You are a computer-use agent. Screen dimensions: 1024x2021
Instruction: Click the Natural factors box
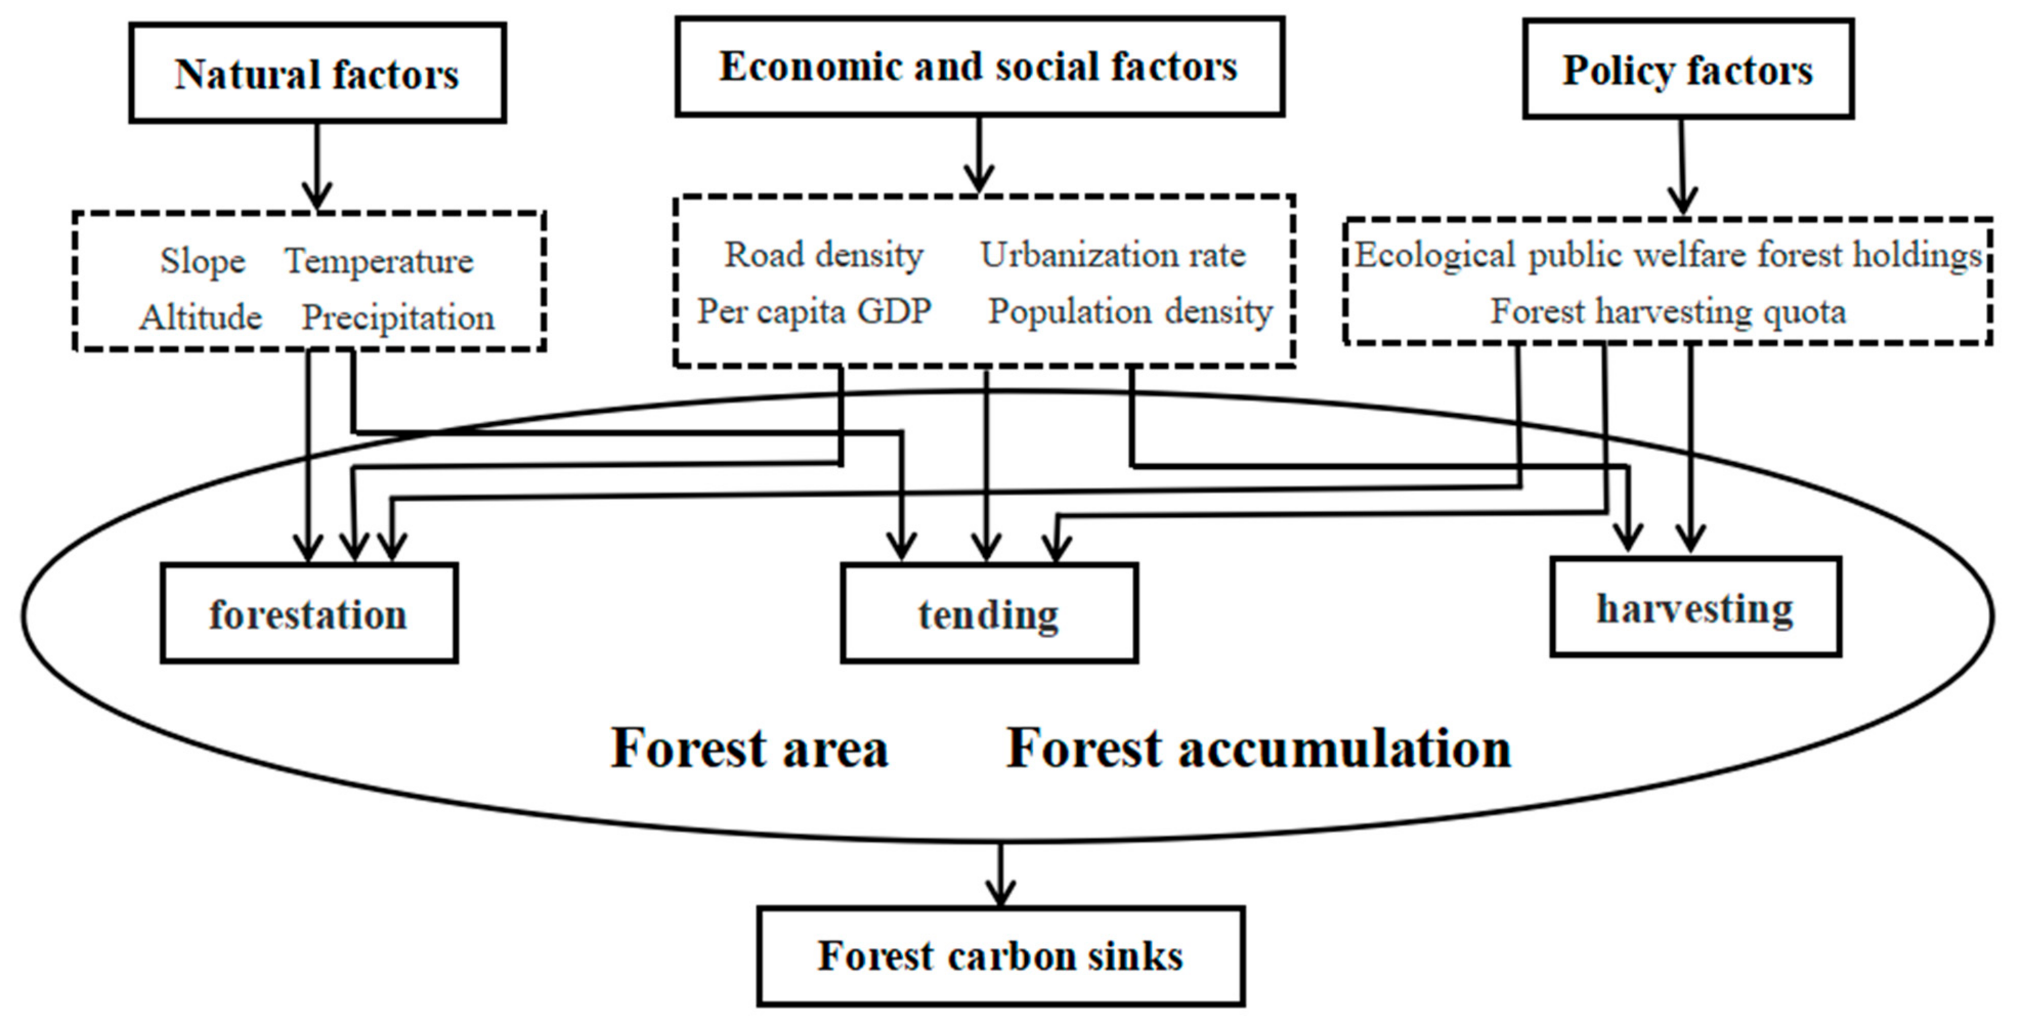pyautogui.click(x=317, y=73)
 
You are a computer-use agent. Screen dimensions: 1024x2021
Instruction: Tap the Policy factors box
pyautogui.click(x=1688, y=70)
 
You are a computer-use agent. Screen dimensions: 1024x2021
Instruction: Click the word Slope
pyautogui.click(x=202, y=261)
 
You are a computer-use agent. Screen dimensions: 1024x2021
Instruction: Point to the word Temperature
pyautogui.click(x=379, y=261)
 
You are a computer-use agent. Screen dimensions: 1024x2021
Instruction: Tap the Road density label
pyautogui.click(x=823, y=255)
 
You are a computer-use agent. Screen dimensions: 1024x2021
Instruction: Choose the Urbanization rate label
pyautogui.click(x=1112, y=255)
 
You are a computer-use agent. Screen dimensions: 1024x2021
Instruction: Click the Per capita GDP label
pyautogui.click(x=814, y=311)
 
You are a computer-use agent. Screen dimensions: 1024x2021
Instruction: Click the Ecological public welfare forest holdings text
pyautogui.click(x=1668, y=255)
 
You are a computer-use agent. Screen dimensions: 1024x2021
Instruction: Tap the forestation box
pyautogui.click(x=308, y=613)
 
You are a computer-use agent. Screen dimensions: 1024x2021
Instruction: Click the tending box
pyautogui.click(x=988, y=613)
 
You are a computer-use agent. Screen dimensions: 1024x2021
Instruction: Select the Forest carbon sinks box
pyautogui.click(x=1000, y=956)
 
